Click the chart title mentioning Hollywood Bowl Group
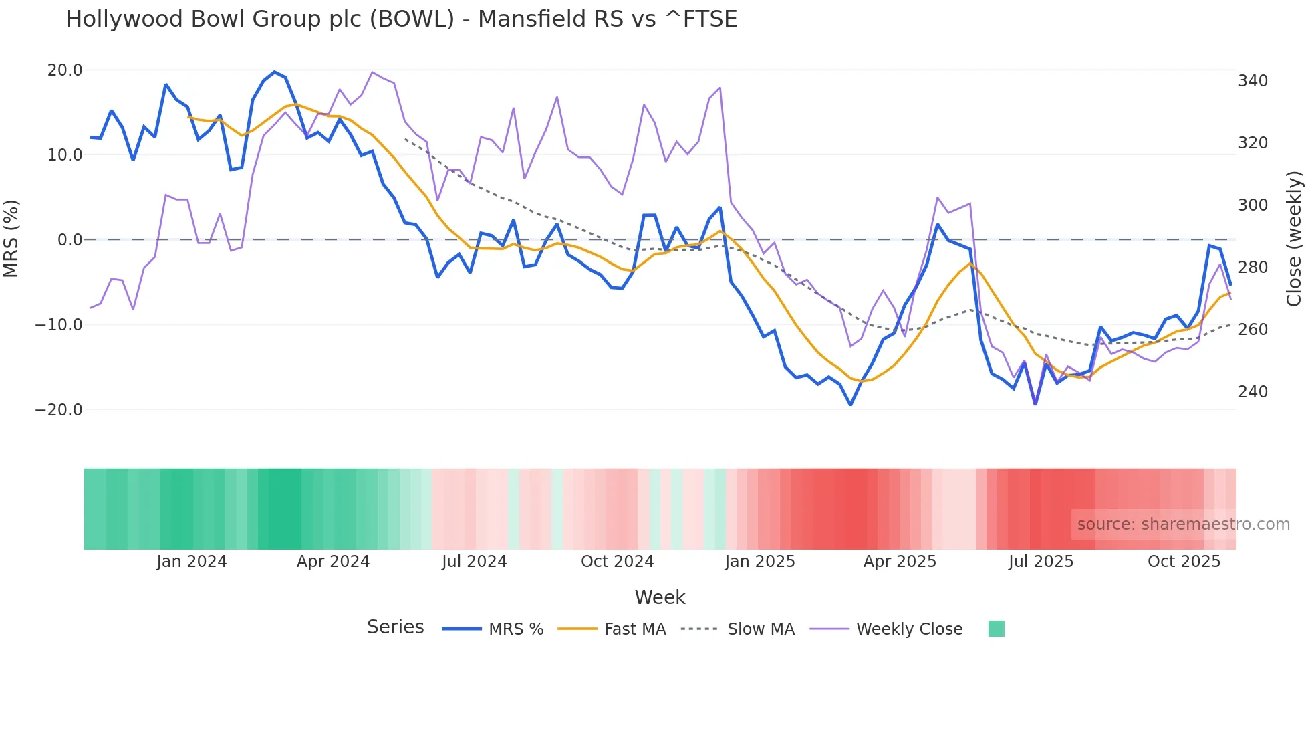click(x=401, y=19)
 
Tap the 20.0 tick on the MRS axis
click(x=65, y=70)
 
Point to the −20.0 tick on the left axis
click(x=59, y=409)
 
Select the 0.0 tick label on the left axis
click(x=70, y=239)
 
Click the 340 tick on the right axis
click(x=1253, y=81)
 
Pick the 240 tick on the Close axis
click(x=1253, y=391)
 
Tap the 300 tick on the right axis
click(x=1253, y=205)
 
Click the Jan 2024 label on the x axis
click(x=192, y=562)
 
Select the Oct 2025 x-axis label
click(x=1184, y=562)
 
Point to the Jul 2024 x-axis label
click(x=474, y=562)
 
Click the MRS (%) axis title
click(x=11, y=238)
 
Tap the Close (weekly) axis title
click(x=1295, y=238)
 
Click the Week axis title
click(x=660, y=597)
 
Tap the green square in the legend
click(x=996, y=629)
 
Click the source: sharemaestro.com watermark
click(x=1183, y=524)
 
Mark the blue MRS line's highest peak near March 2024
click(x=274, y=72)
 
